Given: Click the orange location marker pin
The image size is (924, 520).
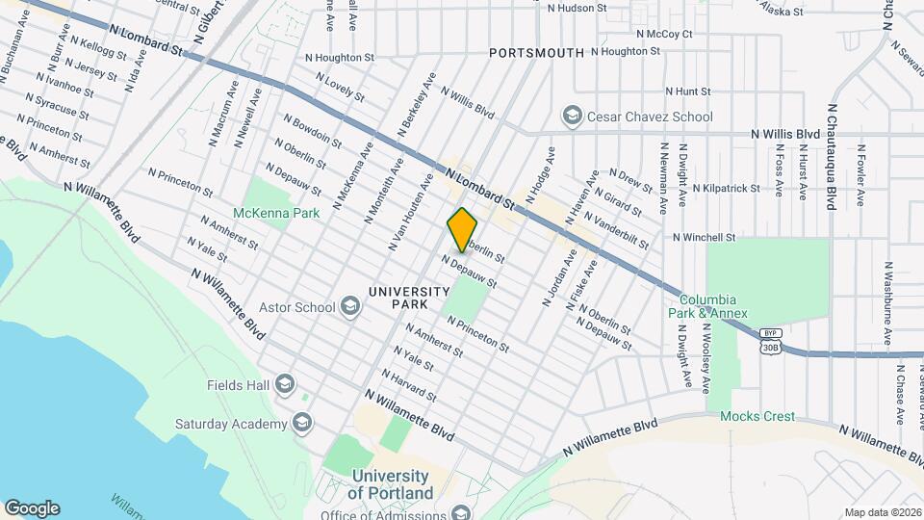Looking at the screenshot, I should click(x=463, y=229).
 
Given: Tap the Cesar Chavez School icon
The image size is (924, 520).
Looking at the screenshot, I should click(x=573, y=117).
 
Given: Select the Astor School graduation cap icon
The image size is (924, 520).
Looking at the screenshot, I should click(x=349, y=308).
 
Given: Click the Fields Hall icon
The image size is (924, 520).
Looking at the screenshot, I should click(x=284, y=385).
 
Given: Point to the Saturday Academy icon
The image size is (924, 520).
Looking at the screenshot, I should click(x=302, y=424).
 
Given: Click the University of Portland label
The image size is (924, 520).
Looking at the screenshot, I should click(x=390, y=484).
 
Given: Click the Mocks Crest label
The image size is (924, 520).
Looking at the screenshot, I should click(x=757, y=416).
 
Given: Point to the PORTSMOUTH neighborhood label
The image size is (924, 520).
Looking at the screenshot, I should click(x=536, y=53).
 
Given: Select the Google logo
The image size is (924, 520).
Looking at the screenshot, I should click(x=32, y=508).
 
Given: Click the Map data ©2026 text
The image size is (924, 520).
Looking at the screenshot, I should click(x=882, y=512).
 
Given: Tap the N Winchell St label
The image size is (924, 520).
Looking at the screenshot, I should click(x=704, y=237).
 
